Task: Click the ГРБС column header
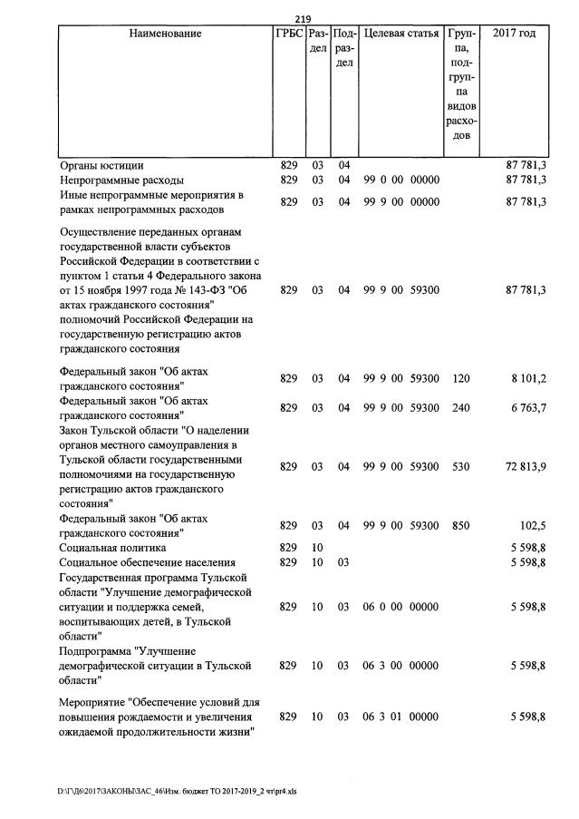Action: click(x=289, y=34)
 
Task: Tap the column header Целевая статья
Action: click(x=400, y=34)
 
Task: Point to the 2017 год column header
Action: click(x=514, y=34)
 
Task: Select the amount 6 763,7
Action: click(x=526, y=408)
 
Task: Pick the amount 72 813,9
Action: click(x=524, y=466)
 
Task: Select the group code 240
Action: click(x=460, y=408)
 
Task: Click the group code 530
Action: click(x=460, y=466)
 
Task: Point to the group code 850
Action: click(x=460, y=525)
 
